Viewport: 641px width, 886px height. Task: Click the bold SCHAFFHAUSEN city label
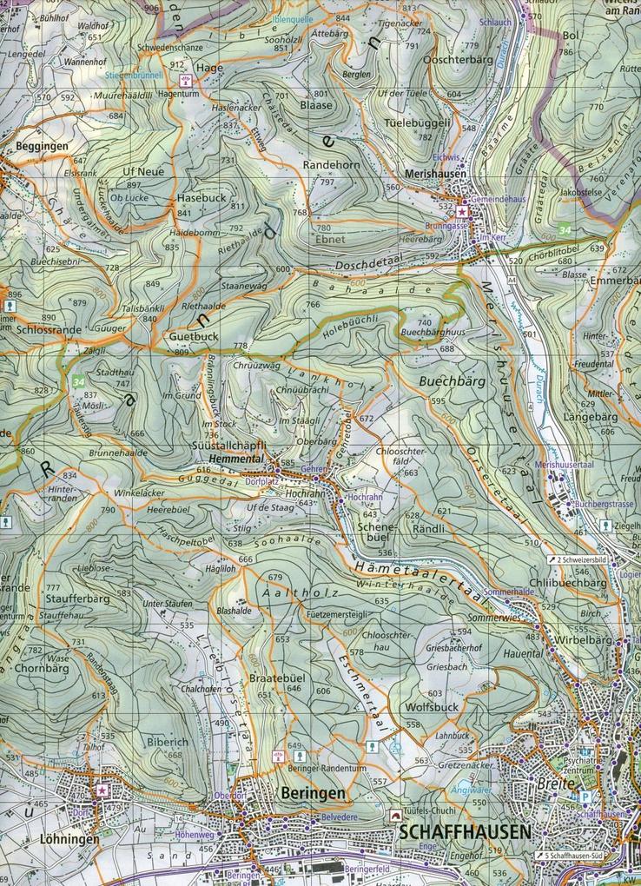[x=466, y=832]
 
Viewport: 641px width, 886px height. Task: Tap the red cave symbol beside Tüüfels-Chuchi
[x=395, y=816]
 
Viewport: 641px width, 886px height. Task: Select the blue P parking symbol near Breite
[x=585, y=796]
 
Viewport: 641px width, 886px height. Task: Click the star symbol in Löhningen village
[x=103, y=790]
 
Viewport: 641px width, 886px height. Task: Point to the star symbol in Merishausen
[x=463, y=211]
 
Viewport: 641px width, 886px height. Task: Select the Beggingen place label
[x=41, y=146]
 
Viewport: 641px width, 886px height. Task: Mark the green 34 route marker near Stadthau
[x=80, y=381]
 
